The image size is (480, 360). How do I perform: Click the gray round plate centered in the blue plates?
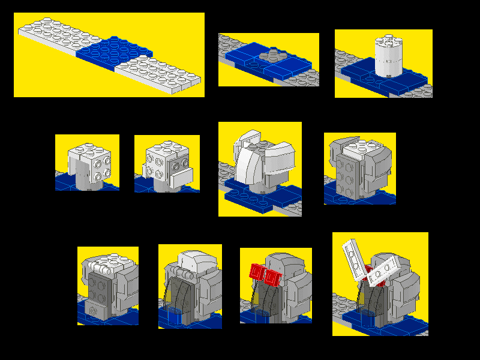point(271,58)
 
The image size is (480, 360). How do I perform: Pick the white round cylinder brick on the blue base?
point(388,57)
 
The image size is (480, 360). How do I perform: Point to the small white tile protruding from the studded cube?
point(182,177)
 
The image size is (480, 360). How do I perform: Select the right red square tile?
point(273,278)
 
